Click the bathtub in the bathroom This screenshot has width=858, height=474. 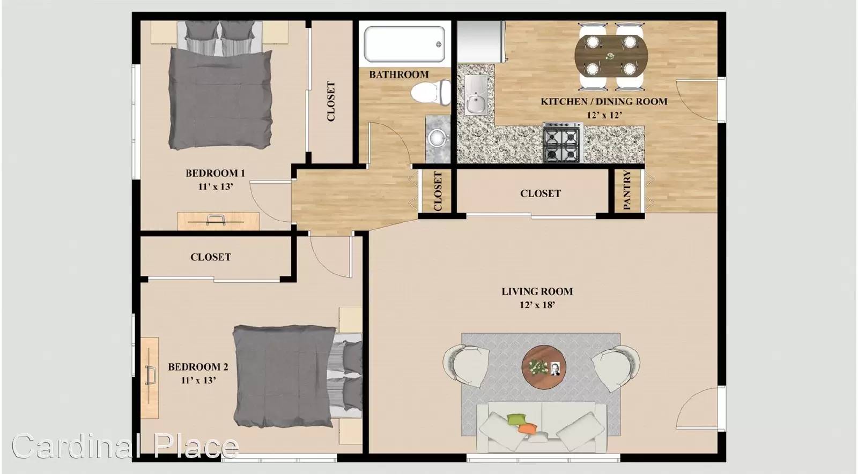coord(405,43)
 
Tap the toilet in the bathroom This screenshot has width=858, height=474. coord(431,92)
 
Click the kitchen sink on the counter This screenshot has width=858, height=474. coord(476,95)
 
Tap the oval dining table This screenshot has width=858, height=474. coord(611,56)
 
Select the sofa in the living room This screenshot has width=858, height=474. coord(542,426)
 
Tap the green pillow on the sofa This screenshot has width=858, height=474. coord(517,419)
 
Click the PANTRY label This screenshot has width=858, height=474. coord(627,190)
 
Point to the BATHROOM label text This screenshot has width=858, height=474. coord(399,74)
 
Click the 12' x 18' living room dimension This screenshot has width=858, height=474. coord(537,305)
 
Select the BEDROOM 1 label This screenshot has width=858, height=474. coord(215,174)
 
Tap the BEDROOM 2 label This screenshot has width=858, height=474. coord(198,367)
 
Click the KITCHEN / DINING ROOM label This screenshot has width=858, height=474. coord(604,101)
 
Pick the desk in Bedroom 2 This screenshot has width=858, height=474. coord(150,378)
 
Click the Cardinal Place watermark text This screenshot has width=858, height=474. coord(125,446)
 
